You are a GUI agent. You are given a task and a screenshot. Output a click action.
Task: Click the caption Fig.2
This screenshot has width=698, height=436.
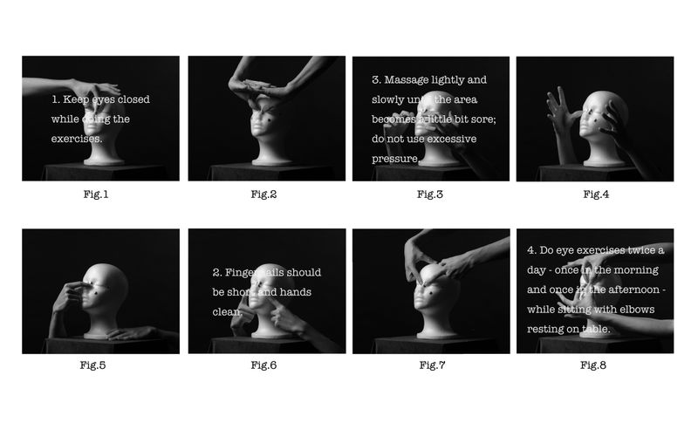(x=263, y=194)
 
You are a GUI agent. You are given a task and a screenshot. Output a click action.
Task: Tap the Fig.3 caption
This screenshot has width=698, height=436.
(x=430, y=194)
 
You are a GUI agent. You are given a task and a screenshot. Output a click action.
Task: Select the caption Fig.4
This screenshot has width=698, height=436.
(x=595, y=194)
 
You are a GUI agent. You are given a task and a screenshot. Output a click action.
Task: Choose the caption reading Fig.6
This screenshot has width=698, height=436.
(x=263, y=364)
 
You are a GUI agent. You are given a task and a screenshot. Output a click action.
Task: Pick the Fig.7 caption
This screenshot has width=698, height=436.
(x=430, y=364)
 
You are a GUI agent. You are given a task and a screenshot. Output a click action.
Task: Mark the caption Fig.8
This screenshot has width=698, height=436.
(x=593, y=364)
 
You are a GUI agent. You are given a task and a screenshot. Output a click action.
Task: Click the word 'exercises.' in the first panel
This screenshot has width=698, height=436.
(x=77, y=139)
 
